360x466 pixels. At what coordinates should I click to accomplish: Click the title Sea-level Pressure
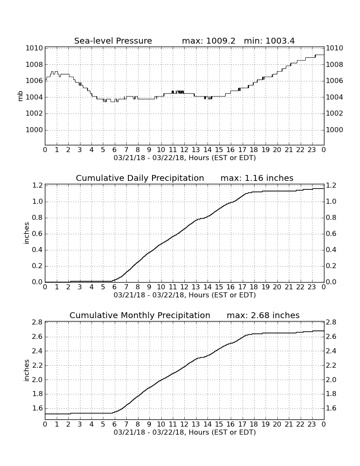[113, 41]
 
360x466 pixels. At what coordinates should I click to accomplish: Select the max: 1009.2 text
[208, 41]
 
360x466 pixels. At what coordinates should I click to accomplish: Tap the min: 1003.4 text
[269, 41]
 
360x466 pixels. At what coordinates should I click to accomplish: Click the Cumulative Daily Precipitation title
[140, 178]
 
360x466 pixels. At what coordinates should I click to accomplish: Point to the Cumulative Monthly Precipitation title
[140, 315]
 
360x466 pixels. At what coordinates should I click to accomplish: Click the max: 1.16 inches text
[257, 178]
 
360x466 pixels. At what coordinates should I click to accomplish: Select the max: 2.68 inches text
[263, 315]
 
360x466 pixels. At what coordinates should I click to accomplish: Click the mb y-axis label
[20, 96]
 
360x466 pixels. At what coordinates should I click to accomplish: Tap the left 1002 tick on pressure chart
[34, 114]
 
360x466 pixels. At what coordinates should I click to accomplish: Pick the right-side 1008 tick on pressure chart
[335, 64]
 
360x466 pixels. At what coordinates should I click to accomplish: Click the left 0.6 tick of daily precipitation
[37, 233]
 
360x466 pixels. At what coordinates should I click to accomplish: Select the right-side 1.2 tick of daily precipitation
[331, 186]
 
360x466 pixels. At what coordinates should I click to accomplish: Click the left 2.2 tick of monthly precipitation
[37, 365]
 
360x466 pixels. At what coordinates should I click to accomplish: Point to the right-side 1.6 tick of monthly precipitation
[331, 408]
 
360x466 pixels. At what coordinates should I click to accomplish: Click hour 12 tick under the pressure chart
[184, 150]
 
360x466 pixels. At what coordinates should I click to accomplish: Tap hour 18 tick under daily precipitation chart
[254, 287]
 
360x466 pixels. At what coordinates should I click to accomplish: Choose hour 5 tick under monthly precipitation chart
[103, 424]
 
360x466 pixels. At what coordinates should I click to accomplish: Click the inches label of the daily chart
[26, 233]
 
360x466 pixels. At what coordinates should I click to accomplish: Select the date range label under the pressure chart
[185, 158]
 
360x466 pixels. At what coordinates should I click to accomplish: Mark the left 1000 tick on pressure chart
[34, 130]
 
